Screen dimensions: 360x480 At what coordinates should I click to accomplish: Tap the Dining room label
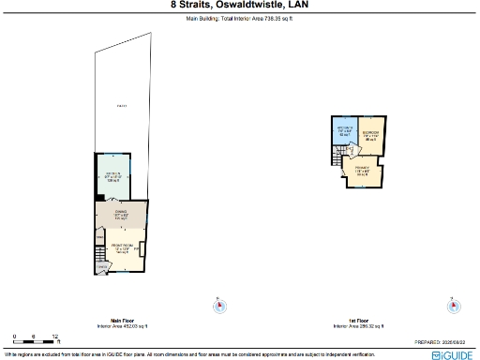(121, 213)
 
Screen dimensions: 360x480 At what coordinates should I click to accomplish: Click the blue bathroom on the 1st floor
(345, 133)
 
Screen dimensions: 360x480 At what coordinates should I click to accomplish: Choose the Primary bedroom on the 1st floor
(362, 172)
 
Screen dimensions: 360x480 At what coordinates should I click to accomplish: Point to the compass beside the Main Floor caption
(220, 303)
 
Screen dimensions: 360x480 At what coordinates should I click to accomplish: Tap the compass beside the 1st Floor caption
(452, 303)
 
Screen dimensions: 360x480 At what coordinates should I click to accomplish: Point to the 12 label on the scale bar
(55, 335)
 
